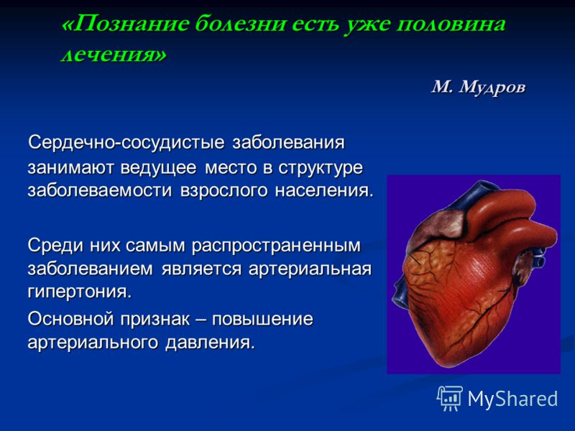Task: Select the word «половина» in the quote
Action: click(x=451, y=24)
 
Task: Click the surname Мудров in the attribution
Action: click(x=492, y=88)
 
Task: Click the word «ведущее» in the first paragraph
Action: click(x=158, y=168)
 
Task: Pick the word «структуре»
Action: click(x=321, y=168)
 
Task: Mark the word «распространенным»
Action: click(x=276, y=246)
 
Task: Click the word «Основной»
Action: click(x=70, y=318)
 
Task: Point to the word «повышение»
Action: click(x=262, y=319)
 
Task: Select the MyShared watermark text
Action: click(x=512, y=399)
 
